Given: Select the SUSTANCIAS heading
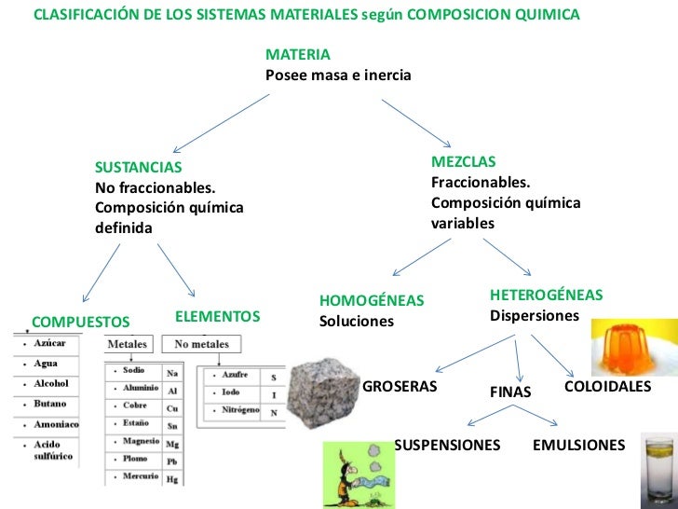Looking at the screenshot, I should [139, 168].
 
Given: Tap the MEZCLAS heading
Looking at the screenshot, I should [464, 161].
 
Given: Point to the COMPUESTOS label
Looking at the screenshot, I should [81, 322].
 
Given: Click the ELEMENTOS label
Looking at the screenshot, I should [217, 317].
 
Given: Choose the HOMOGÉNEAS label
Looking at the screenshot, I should [372, 300].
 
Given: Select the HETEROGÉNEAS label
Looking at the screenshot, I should [546, 295].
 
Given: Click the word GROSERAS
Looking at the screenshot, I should [399, 387].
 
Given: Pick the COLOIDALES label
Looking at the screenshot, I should [607, 386].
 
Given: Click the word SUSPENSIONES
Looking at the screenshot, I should [447, 445].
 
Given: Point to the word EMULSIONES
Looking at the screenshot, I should [578, 445].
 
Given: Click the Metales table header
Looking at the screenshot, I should [128, 344].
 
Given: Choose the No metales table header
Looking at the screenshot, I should [202, 344].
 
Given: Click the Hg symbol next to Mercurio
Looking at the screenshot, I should [172, 478].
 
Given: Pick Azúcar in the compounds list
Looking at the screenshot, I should [48, 344].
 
